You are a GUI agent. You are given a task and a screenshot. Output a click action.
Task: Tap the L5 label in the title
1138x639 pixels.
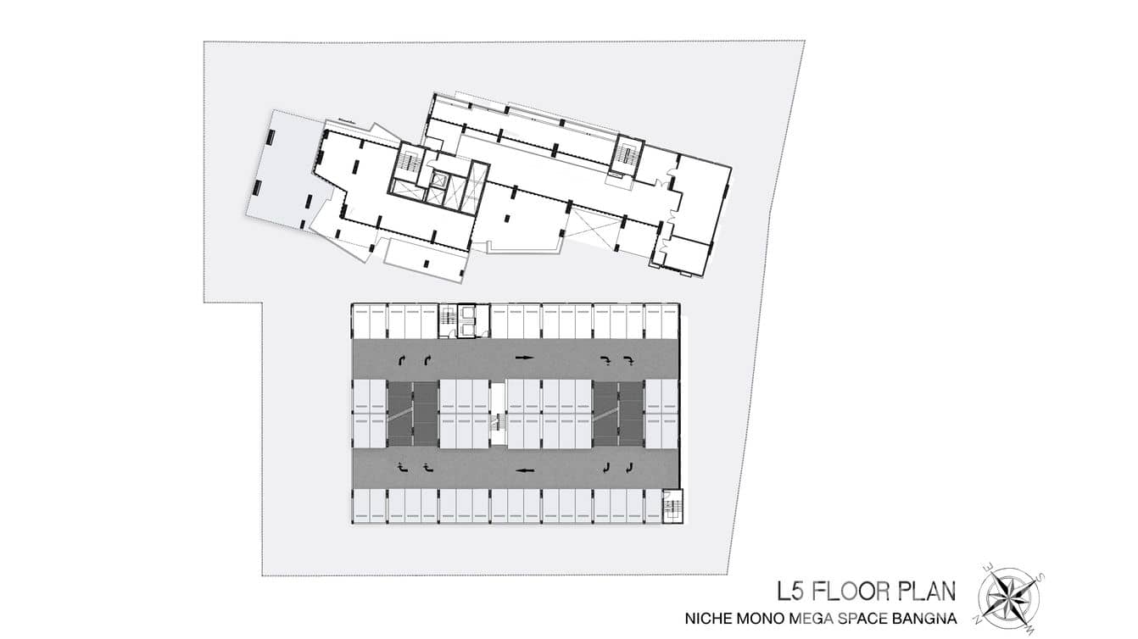pos(789,592)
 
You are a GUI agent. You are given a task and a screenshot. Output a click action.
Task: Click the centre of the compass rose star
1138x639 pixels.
pos(1008,597)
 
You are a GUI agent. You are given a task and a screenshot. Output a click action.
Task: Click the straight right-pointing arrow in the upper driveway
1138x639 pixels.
pos(524,358)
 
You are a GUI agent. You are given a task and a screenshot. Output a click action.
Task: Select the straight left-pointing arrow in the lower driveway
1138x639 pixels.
pos(524,470)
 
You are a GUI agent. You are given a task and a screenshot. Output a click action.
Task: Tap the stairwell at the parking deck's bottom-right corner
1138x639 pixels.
pos(672,506)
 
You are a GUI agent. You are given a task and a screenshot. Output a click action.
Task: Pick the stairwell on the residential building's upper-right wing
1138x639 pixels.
pos(630,155)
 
